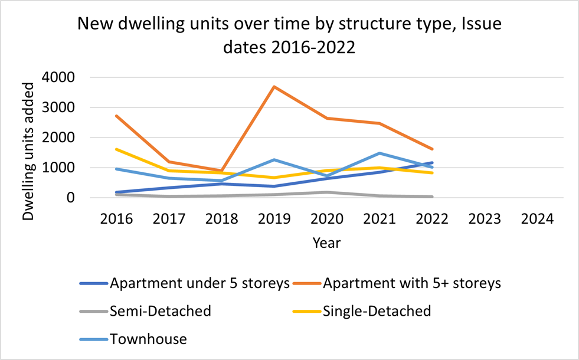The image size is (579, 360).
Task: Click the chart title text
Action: [289, 37]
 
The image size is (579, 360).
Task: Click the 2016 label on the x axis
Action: [116, 219]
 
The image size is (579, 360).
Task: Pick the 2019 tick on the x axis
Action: [274, 219]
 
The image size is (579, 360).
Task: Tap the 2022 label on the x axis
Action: [432, 219]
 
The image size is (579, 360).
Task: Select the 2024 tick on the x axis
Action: [537, 219]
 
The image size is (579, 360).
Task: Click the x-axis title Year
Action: [326, 242]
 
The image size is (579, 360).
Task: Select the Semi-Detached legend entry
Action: [160, 310]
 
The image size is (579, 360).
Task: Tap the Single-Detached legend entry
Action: [375, 310]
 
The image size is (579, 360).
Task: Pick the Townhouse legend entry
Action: [148, 339]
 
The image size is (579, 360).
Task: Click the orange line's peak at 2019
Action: [274, 87]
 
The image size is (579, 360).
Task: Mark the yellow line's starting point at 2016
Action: [116, 149]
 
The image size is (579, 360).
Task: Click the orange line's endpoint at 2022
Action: [432, 149]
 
